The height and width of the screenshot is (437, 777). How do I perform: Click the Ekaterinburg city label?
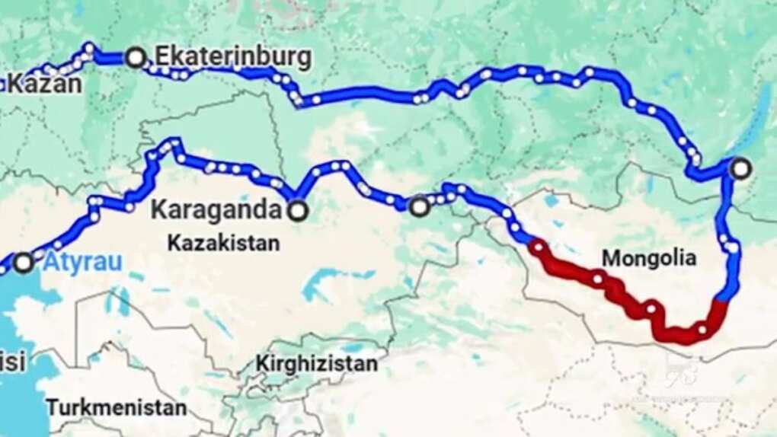(x=232, y=57)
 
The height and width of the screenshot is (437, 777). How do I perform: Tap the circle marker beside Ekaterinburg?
(x=136, y=57)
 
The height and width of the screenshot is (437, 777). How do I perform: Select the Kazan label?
(x=44, y=84)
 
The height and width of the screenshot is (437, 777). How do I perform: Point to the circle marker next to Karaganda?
(x=298, y=211)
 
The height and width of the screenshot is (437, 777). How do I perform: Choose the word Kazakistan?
(x=223, y=243)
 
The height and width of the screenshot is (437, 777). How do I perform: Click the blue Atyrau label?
(x=83, y=263)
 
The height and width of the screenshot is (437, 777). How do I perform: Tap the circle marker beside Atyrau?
(x=24, y=263)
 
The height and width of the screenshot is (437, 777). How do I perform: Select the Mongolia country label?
(x=648, y=258)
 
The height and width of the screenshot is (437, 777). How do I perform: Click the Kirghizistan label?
(x=315, y=364)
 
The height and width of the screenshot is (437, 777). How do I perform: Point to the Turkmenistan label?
(x=116, y=407)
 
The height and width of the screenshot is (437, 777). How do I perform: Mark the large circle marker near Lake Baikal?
(x=740, y=169)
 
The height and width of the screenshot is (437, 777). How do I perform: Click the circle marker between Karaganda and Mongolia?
(x=420, y=206)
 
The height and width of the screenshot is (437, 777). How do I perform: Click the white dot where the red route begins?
(x=539, y=247)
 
